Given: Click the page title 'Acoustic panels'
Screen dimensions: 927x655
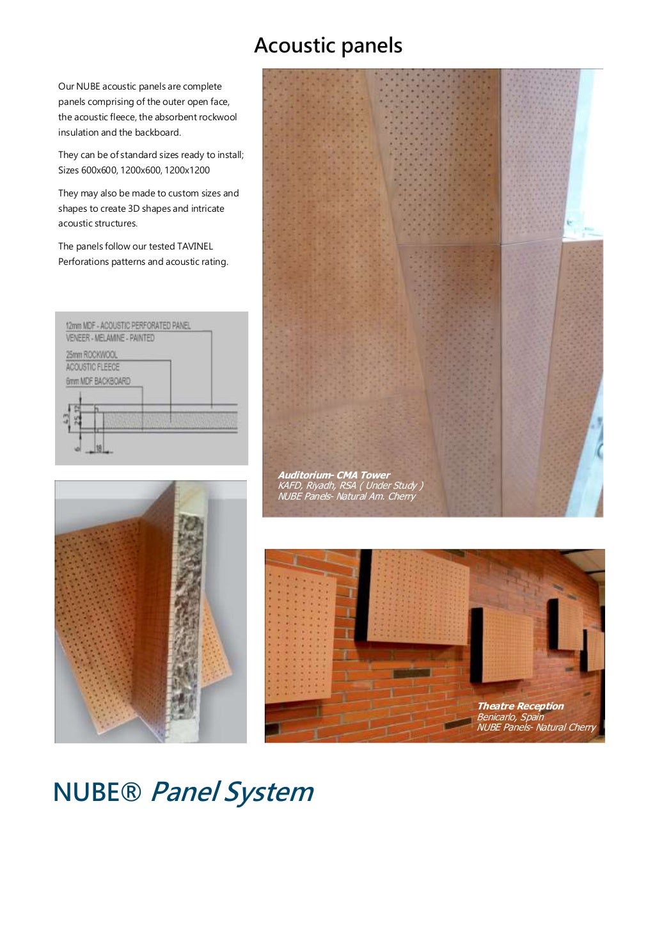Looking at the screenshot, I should [x=328, y=45].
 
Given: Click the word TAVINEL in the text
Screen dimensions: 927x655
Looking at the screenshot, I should [x=195, y=246].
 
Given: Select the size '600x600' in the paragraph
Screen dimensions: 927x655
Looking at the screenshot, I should [x=99, y=170].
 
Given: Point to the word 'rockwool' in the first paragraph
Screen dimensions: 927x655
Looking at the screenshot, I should [x=217, y=117].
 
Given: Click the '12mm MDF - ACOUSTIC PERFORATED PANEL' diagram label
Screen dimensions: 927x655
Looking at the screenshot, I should [x=128, y=326].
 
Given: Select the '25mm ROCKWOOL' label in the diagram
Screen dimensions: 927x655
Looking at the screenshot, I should [x=91, y=354].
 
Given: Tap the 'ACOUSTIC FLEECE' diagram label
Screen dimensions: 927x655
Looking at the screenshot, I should [x=93, y=367].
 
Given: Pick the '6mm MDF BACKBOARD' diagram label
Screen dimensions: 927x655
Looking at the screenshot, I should [x=98, y=381].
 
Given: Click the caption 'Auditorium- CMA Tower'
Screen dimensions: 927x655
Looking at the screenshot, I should [x=333, y=475].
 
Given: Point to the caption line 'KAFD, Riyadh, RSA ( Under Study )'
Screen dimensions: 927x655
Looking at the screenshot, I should [x=350, y=486].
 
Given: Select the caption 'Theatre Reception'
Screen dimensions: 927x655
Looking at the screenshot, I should [x=520, y=706].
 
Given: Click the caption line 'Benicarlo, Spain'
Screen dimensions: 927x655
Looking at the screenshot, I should [x=510, y=717].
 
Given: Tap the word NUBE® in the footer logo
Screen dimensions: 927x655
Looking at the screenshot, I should [x=97, y=792].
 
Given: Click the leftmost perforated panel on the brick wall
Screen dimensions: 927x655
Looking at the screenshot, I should [x=299, y=633].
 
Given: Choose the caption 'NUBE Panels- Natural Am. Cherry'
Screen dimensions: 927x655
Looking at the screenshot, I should [x=346, y=496].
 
